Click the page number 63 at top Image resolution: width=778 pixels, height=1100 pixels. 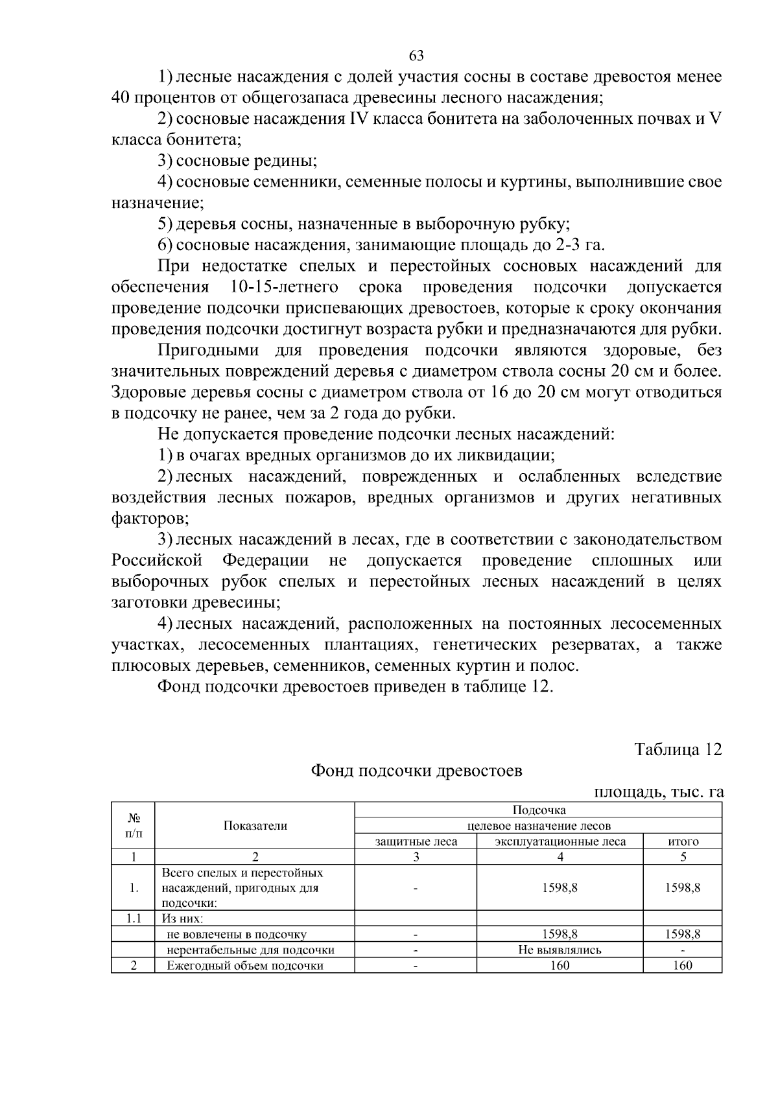[416, 55]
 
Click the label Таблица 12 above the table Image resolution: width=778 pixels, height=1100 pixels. [678, 749]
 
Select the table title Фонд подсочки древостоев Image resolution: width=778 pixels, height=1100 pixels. [416, 771]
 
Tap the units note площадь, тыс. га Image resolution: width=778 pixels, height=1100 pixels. [658, 791]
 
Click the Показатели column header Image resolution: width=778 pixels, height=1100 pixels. [255, 825]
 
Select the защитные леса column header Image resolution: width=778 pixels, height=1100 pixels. [416, 841]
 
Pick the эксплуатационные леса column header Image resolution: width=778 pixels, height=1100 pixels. [560, 841]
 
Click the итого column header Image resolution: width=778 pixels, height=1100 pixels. [683, 841]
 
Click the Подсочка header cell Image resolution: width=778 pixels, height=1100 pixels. [539, 810]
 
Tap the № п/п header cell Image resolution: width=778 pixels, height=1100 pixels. [133, 825]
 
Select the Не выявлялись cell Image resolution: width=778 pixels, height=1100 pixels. [560, 950]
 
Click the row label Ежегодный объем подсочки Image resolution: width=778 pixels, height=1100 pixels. [244, 966]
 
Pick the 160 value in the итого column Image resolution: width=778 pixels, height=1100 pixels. [683, 966]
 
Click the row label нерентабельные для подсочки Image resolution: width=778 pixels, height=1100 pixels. [250, 950]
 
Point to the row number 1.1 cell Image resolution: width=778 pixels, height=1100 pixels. [133, 919]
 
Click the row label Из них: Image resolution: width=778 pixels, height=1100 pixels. [182, 919]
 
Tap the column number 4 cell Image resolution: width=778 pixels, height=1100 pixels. [560, 857]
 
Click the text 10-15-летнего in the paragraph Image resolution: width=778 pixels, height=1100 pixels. [284, 287]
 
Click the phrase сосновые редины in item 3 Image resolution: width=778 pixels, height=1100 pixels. [246, 161]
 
